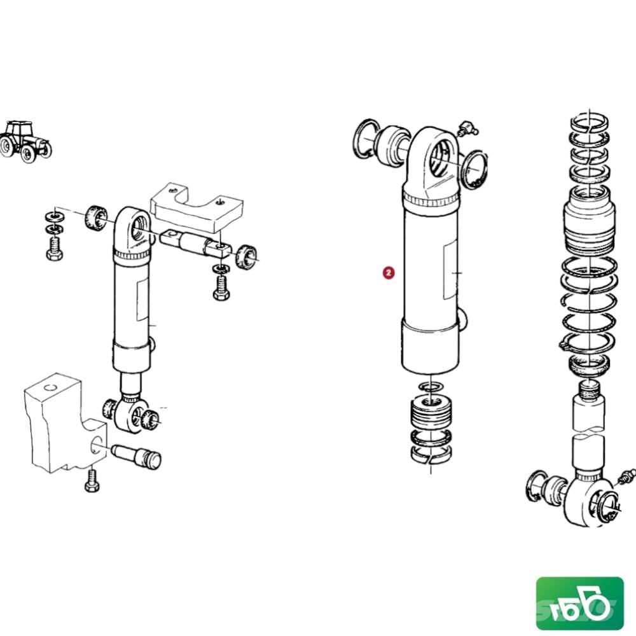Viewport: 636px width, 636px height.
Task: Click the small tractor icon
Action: tap(25, 142)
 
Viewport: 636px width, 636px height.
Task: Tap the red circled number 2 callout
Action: tap(389, 273)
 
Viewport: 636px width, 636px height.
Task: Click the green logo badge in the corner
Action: tap(579, 603)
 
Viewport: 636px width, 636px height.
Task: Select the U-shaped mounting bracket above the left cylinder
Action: tap(197, 207)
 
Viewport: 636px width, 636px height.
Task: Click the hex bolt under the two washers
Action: tap(54, 248)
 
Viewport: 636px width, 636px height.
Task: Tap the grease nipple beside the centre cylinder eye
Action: tap(467, 128)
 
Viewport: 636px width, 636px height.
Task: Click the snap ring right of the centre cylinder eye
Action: tap(474, 170)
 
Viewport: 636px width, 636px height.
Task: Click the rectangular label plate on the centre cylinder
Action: tap(451, 269)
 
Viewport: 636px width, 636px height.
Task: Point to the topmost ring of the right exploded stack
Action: tap(590, 122)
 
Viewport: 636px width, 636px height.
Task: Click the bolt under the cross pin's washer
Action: tap(221, 287)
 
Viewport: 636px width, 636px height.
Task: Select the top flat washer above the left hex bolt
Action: tap(53, 215)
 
